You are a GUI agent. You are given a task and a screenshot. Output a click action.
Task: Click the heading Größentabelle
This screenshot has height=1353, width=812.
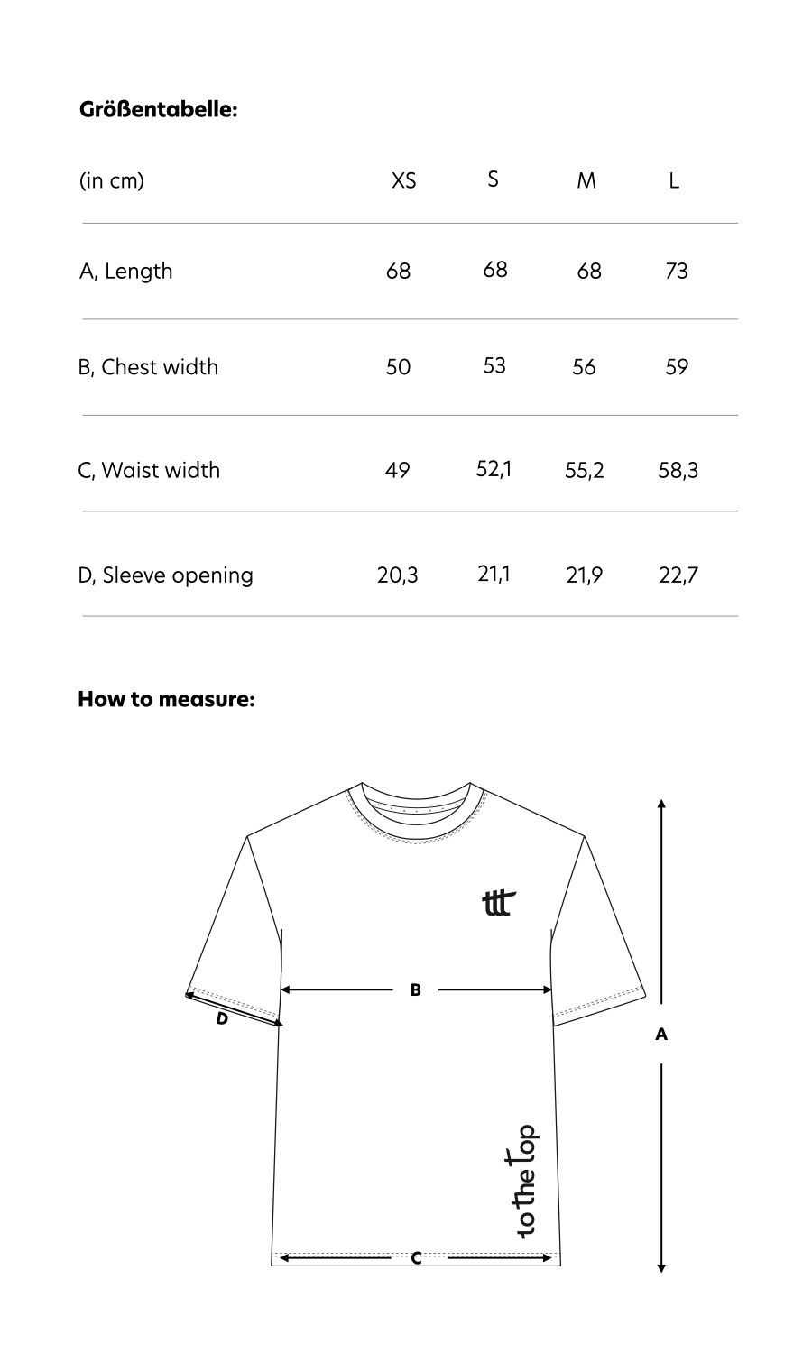[x=158, y=110]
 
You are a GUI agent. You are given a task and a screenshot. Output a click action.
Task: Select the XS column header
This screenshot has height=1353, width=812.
[x=404, y=180]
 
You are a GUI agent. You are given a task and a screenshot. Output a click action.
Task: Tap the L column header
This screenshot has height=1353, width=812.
[x=674, y=180]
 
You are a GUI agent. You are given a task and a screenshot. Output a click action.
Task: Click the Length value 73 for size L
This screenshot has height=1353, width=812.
[x=676, y=271]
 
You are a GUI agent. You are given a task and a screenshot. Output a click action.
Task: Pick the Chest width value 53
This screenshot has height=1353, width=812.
[x=494, y=365]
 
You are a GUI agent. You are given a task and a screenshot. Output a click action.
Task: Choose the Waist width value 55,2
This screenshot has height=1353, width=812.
[x=585, y=470]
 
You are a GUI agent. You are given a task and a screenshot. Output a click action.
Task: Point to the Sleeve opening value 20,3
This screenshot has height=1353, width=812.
[x=398, y=575]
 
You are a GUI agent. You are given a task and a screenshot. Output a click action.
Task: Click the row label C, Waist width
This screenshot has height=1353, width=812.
[x=149, y=470]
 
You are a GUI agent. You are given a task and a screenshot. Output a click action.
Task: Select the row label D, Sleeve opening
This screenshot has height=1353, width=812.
[x=166, y=575]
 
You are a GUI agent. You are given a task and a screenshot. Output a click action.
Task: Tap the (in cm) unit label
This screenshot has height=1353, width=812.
[x=112, y=180]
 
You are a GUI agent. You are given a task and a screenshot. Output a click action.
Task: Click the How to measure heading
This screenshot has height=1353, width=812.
[x=166, y=699]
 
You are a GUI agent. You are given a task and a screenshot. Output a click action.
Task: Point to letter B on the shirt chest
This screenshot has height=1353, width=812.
[x=416, y=990]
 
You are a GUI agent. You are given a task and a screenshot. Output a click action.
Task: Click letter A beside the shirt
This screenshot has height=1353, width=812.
[x=661, y=1035]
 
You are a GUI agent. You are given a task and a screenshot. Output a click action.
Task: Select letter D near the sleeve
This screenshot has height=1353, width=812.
[x=222, y=1020]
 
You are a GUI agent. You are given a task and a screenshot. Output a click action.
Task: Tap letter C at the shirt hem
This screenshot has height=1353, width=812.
[x=416, y=1258]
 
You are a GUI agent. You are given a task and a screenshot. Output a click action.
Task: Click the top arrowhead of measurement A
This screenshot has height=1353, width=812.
[x=661, y=803]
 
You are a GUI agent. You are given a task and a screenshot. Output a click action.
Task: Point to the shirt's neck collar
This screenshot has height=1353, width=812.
[x=416, y=807]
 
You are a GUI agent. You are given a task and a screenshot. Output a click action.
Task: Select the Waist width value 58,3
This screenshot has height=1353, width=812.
[x=678, y=470]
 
